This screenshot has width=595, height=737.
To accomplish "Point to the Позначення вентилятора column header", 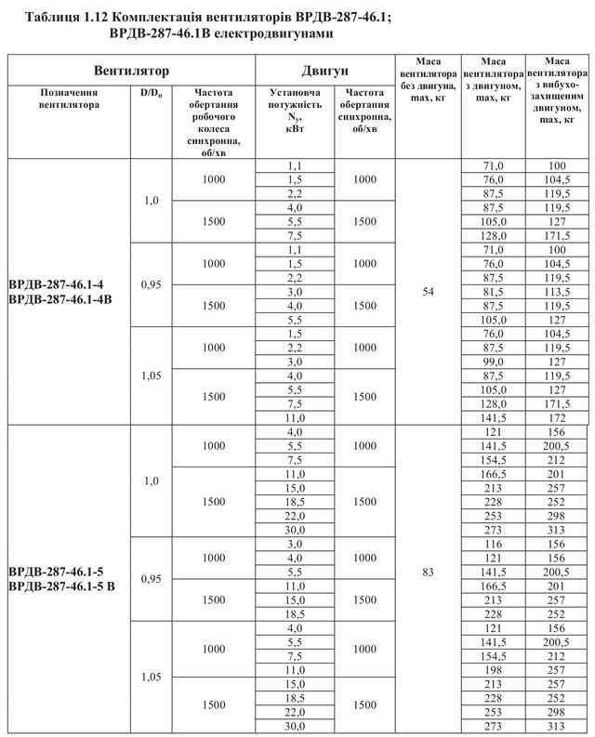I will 68,99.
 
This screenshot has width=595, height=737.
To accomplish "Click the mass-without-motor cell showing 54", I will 428,291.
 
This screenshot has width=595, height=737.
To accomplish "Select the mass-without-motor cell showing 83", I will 428,572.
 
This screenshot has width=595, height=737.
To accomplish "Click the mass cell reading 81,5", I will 493,291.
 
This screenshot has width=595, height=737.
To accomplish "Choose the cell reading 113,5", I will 557,291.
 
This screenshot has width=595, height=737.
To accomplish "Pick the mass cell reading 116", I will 493,543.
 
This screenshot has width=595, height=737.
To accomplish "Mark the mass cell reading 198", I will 493,669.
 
